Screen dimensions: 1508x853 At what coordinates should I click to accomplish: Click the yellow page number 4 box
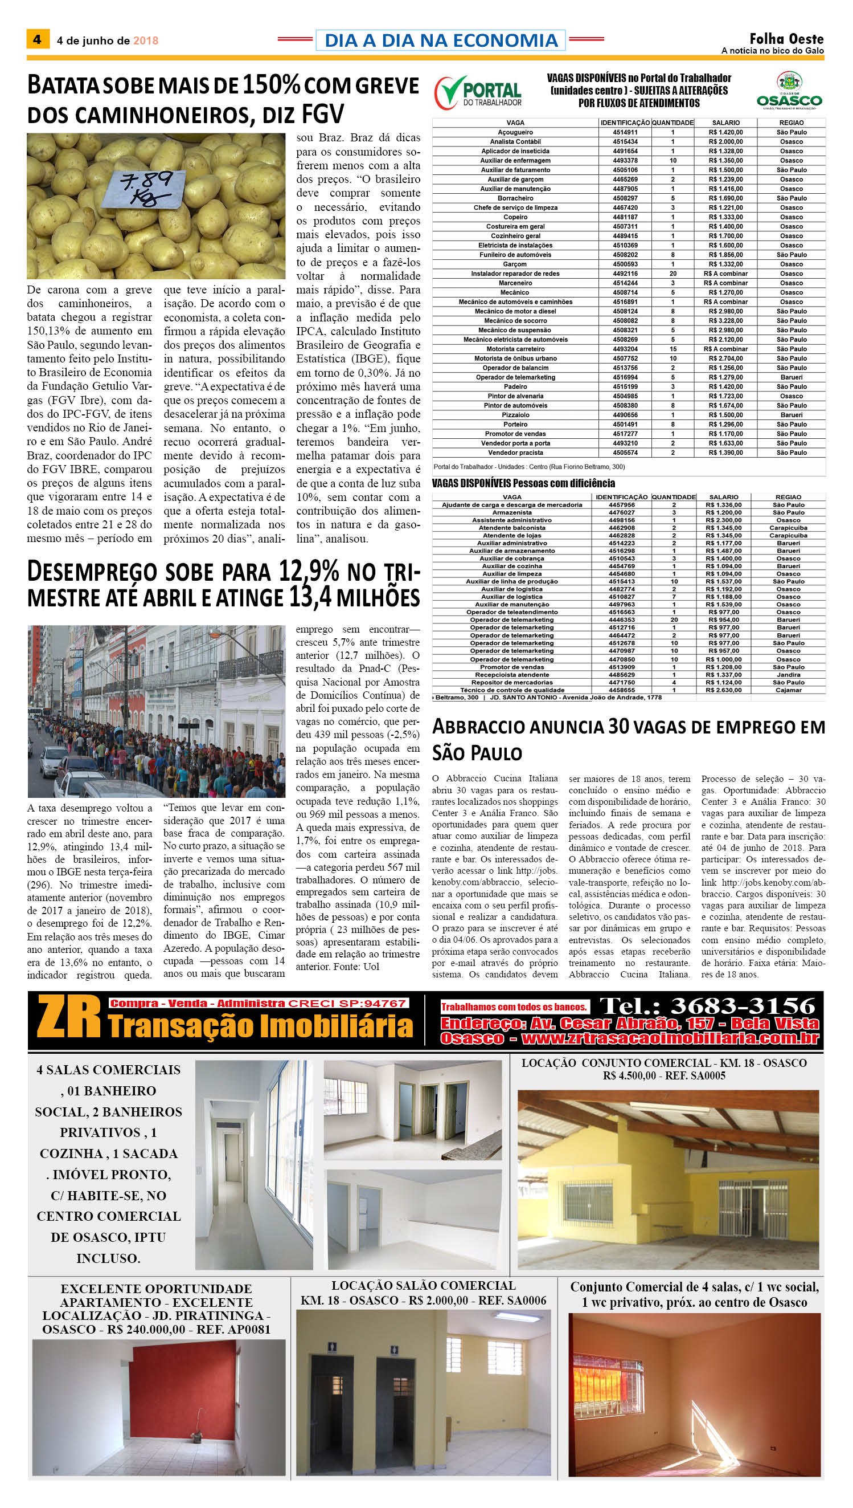click(38, 39)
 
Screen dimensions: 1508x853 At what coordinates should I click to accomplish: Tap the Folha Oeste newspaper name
click(786, 39)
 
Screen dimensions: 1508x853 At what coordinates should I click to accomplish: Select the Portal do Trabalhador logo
click(478, 93)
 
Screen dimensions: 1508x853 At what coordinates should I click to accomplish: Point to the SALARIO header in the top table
click(725, 123)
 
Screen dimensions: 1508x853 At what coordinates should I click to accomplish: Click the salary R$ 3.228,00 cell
click(725, 321)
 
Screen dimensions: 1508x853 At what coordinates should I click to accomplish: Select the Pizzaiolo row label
click(515, 415)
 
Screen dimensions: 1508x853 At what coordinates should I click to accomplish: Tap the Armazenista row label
click(511, 512)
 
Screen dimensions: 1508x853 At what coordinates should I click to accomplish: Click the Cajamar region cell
click(788, 690)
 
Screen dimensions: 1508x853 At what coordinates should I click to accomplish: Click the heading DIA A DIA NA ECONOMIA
click(441, 40)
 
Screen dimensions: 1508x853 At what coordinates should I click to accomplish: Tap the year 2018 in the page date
click(145, 40)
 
